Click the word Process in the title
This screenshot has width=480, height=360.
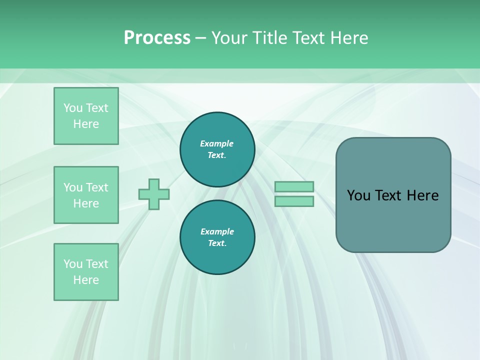pos(157,38)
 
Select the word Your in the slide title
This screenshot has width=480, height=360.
pos(230,38)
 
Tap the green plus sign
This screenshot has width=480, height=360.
pos(154,194)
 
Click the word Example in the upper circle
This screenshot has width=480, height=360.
pos(217,143)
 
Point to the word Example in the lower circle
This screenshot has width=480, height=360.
pos(217,231)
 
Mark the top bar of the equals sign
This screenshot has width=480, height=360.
pos(294,187)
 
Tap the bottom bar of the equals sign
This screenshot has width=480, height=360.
pos(294,201)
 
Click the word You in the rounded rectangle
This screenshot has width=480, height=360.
pos(359,195)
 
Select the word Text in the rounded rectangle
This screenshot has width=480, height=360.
pos(388,195)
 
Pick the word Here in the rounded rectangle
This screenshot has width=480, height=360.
pos(422,195)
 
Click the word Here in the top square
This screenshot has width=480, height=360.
pos(86,124)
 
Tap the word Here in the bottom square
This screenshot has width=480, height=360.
pos(86,280)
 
